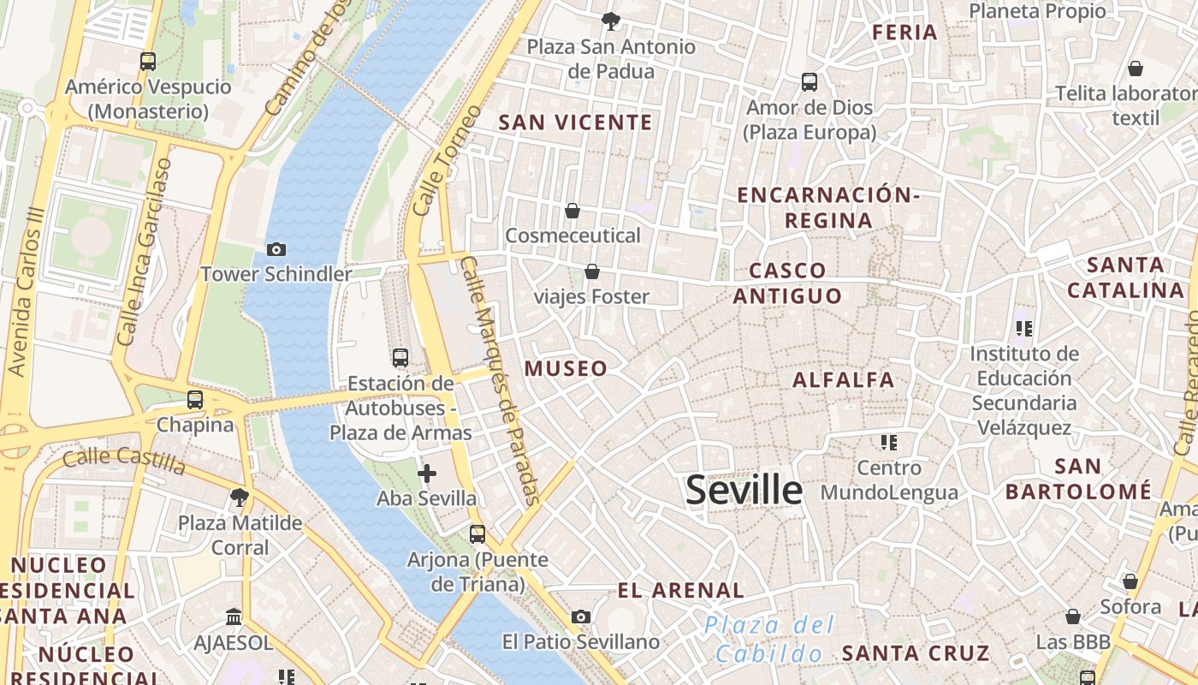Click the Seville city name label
744,491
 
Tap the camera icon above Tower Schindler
276,250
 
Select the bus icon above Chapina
195,400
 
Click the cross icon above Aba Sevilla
426,474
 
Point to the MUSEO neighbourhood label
566,369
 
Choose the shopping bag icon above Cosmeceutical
572,211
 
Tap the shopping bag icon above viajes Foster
591,272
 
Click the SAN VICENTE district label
575,123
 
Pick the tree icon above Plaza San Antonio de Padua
610,21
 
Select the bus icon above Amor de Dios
810,82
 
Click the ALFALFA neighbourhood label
843,380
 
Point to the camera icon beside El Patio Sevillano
581,617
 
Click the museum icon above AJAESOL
233,617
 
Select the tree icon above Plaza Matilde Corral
240,497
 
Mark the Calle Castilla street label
123,460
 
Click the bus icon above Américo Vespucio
148,62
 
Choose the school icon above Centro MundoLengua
889,443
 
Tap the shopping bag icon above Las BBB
1072,616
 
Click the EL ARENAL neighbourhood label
680,591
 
